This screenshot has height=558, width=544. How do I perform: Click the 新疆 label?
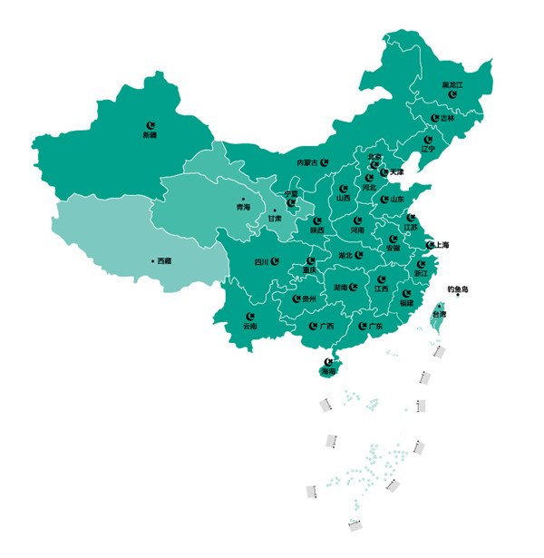[x=150, y=135]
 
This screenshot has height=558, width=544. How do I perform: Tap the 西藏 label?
[x=163, y=261]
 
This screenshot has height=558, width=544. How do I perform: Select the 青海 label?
[x=243, y=207]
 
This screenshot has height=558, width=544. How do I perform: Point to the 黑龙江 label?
[x=452, y=84]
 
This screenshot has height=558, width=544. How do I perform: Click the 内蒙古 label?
[x=307, y=162]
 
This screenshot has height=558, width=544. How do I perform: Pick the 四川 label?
[x=262, y=261]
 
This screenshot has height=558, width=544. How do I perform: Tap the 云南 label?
[x=249, y=325]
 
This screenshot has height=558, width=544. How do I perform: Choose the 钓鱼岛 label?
[x=458, y=289]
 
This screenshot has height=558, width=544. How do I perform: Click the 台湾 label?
[x=438, y=313]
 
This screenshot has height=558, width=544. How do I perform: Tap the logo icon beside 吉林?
[x=435, y=117]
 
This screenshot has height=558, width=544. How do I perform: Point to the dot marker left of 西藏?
[x=152, y=261]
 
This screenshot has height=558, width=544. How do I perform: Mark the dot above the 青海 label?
[x=243, y=198]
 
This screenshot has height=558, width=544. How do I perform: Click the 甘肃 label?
[x=275, y=219]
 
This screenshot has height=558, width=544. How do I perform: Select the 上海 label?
[x=442, y=245]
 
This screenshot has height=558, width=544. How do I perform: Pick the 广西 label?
[x=326, y=326]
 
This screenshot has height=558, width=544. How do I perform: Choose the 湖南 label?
[x=340, y=288]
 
